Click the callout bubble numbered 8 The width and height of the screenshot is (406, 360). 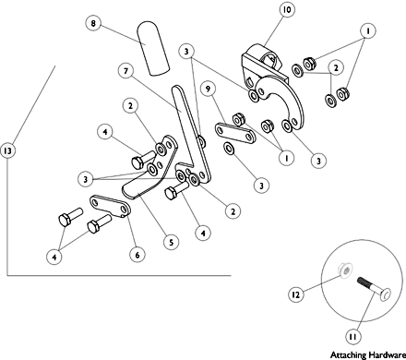[x=93, y=23]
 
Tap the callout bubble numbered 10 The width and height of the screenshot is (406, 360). [x=287, y=9]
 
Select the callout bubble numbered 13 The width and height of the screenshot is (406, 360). [x=7, y=150]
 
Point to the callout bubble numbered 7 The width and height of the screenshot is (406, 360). [x=125, y=71]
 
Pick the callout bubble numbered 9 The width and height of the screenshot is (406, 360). [x=208, y=89]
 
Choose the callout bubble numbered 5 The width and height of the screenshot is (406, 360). [x=171, y=242]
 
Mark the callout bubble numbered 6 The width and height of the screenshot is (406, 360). [x=137, y=255]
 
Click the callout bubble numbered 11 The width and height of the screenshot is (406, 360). [x=352, y=337]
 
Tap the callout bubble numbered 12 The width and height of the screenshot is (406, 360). [x=295, y=294]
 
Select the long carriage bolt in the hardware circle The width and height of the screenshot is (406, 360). [x=374, y=289]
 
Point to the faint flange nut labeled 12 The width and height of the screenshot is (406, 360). [x=345, y=270]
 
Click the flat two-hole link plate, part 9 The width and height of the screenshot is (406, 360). [x=235, y=134]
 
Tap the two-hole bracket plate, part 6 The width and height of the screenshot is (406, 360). [x=110, y=206]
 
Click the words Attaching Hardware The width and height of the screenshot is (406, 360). [x=368, y=354]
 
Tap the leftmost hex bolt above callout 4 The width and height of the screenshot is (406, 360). [x=70, y=217]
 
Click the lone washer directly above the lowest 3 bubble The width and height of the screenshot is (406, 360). [x=229, y=149]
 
